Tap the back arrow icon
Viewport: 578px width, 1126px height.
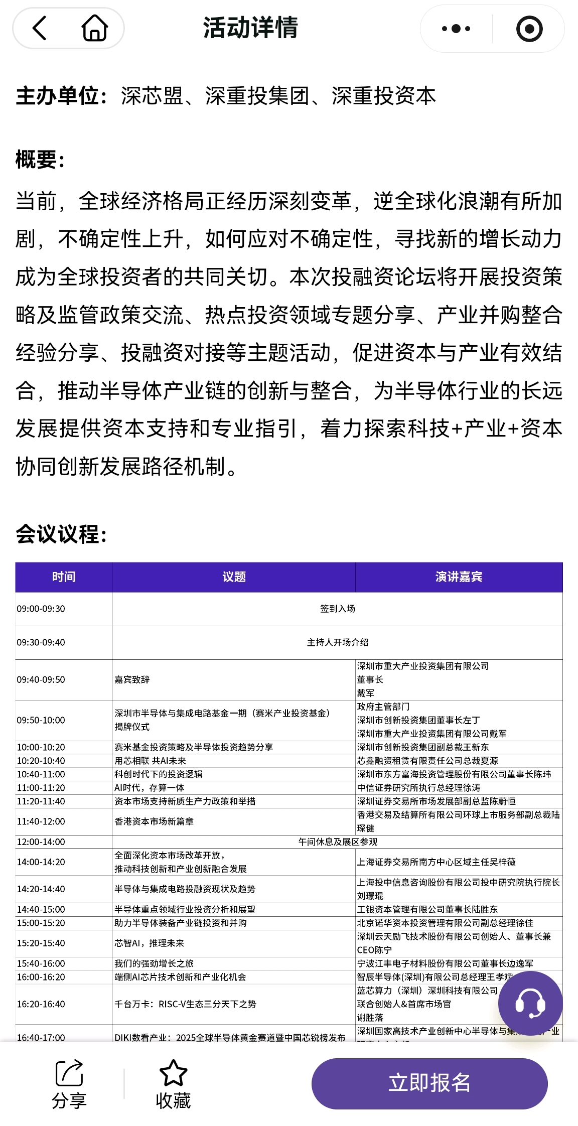(40, 28)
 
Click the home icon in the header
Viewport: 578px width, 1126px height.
(94, 28)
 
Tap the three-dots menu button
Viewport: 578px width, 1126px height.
(456, 29)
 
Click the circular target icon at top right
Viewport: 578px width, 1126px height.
(529, 29)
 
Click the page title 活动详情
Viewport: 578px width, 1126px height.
(250, 28)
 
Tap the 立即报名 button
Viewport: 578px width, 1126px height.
(429, 1083)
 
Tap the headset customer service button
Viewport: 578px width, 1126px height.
(530, 1004)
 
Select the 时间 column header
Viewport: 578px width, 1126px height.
(64, 577)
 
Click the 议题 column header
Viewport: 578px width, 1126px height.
(234, 577)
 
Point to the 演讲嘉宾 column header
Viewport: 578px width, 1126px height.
(459, 577)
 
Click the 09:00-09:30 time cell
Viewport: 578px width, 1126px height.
(41, 609)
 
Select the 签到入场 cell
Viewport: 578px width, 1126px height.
(337, 609)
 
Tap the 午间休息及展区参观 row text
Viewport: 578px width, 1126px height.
(337, 842)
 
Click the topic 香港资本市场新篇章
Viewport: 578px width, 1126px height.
(154, 821)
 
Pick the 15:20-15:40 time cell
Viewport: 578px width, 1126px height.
(41, 943)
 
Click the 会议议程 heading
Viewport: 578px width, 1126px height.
(61, 534)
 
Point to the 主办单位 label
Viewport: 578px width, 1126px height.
(61, 96)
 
